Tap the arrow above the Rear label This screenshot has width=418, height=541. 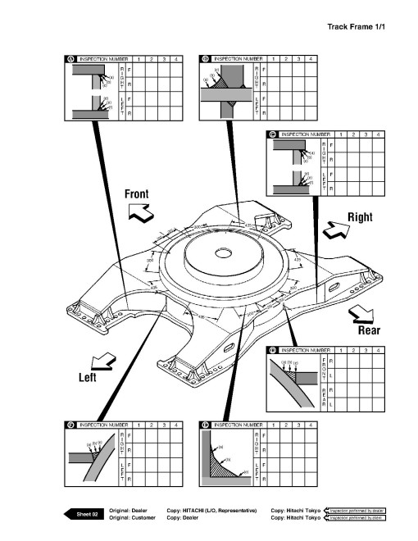click(362, 313)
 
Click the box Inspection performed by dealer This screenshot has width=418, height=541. click(357, 510)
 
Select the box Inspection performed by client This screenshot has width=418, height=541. click(357, 518)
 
